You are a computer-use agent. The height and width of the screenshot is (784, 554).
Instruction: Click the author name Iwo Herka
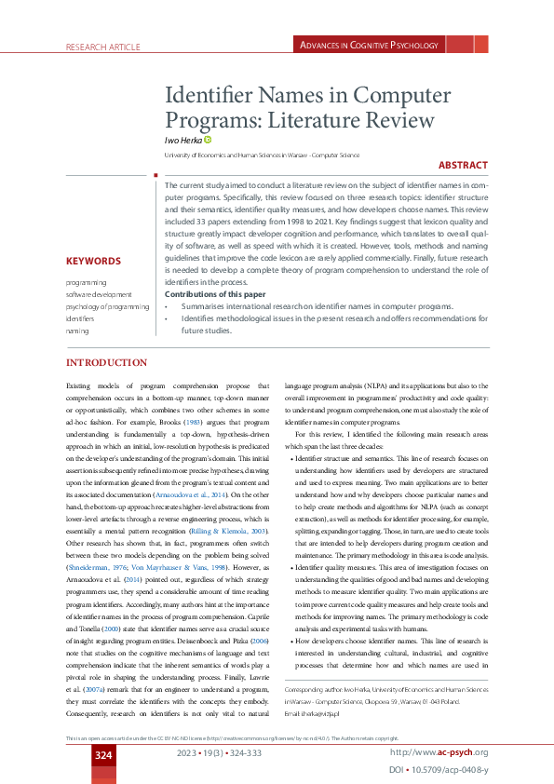[x=184, y=140]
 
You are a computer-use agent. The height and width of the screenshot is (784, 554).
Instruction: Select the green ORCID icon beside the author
[x=209, y=140]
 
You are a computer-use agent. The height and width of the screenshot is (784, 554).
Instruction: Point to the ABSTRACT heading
[x=463, y=165]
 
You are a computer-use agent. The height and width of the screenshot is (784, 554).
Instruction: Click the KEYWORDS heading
[x=93, y=262]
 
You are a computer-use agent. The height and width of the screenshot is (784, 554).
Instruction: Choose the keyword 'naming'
[x=77, y=330]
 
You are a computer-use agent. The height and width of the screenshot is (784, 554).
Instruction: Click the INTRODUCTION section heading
[x=106, y=362]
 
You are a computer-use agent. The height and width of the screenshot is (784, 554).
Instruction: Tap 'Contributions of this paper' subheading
[x=213, y=294]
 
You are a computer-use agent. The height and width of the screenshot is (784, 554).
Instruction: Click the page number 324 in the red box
[x=103, y=751]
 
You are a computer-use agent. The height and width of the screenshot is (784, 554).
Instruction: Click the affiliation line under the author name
[x=262, y=154]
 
